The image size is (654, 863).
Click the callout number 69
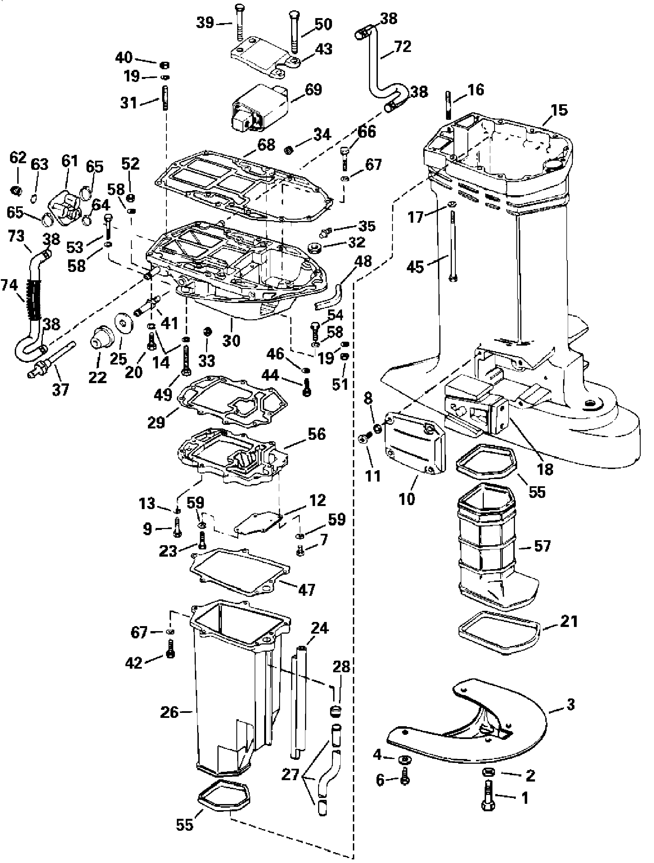pyautogui.click(x=313, y=90)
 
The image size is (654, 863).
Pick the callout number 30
pyautogui.click(x=231, y=340)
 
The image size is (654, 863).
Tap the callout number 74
pyautogui.click(x=9, y=285)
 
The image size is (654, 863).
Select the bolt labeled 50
pyautogui.click(x=293, y=31)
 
